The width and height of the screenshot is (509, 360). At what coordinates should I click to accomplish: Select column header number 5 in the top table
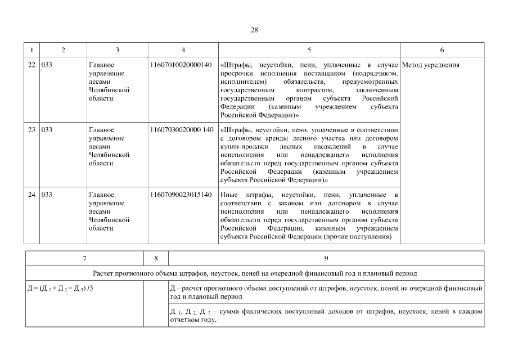point(309,50)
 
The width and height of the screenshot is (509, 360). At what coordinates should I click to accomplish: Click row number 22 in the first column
point(31,65)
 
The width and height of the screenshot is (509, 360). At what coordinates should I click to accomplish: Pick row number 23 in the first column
point(31,130)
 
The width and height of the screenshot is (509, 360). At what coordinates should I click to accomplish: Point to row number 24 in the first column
point(31,195)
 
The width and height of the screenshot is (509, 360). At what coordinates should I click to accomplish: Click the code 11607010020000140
point(181,65)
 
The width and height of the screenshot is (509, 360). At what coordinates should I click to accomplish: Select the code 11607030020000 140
point(182,130)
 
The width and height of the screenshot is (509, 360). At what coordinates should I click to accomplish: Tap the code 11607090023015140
point(181,195)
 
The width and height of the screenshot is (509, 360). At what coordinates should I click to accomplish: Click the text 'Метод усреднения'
point(431,65)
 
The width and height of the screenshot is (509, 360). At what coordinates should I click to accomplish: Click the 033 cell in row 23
point(47,130)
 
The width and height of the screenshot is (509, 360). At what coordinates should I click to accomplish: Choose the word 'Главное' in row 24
point(101,195)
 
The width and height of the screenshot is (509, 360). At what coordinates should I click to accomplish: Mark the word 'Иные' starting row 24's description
point(229,195)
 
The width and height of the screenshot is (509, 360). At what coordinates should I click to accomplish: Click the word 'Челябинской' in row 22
point(110,90)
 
